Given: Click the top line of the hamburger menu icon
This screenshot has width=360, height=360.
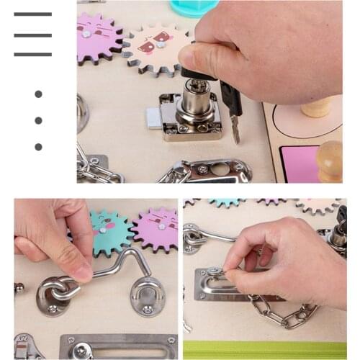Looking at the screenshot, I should click(x=32, y=14).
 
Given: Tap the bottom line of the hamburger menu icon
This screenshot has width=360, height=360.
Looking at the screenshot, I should click(x=32, y=54).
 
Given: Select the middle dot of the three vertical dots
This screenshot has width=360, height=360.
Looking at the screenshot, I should click(x=38, y=120).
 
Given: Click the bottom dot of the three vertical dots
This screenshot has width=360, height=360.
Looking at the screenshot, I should click(x=38, y=147).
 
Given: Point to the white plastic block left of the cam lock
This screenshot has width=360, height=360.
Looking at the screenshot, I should click(x=153, y=119).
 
